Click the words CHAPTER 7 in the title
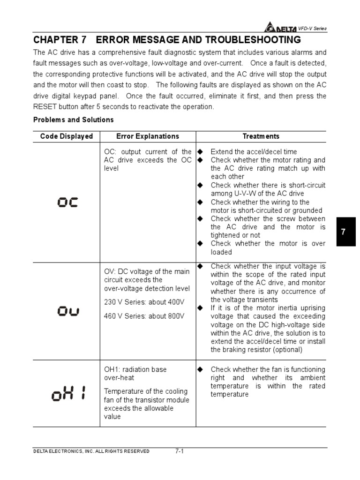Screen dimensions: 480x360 tap(60, 39)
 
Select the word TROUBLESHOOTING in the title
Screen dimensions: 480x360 tap(254, 39)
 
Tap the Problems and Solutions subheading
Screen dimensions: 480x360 tap(73, 120)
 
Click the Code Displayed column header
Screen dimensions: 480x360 tap(67, 136)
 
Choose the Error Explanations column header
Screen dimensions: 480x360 tap(148, 136)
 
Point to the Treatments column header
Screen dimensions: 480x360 tap(261, 136)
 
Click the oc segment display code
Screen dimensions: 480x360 tap(67, 202)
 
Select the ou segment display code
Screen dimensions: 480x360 tap(67, 311)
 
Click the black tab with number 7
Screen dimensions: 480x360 tap(343, 232)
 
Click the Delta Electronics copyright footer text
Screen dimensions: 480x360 tap(91, 451)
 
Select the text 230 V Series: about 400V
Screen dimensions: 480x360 tap(144, 302)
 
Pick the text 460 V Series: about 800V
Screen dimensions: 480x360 tap(144, 316)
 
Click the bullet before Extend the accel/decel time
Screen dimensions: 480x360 tap(200, 151)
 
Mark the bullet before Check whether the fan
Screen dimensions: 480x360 tap(200, 369)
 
